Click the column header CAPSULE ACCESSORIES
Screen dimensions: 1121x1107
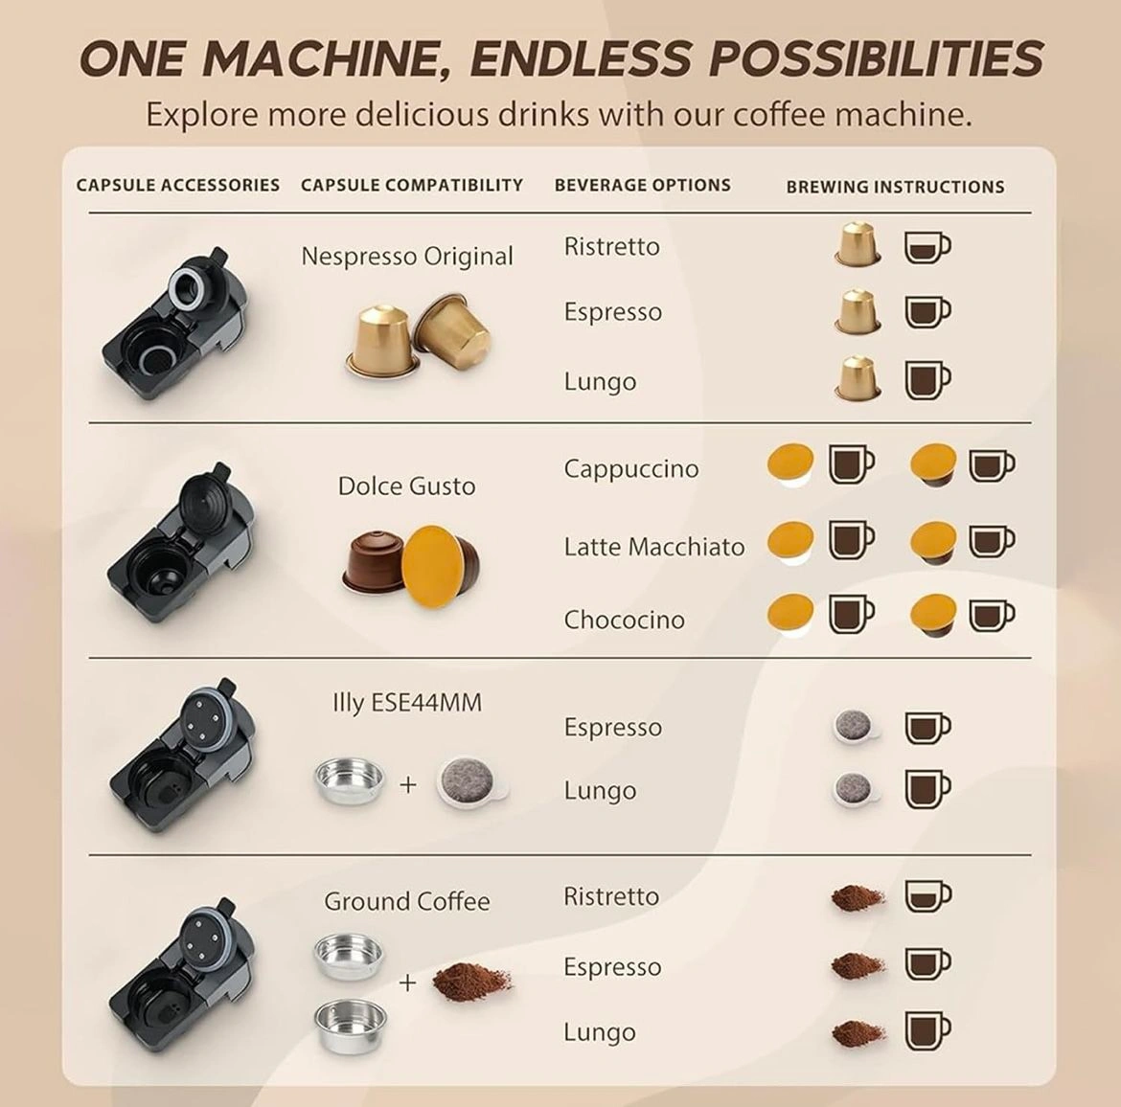178,185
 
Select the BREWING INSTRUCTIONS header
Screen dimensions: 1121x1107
895,187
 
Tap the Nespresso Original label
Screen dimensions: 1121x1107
407,256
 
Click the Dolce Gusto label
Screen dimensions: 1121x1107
407,486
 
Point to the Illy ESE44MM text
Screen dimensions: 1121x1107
407,703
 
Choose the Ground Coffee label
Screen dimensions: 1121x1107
407,901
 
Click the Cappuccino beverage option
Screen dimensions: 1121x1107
631,469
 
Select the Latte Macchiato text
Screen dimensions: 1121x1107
654,547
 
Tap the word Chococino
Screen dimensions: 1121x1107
624,620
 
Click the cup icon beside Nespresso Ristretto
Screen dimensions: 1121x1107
927,247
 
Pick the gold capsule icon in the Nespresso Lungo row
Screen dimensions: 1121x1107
858,378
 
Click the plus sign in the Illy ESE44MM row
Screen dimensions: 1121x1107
407,784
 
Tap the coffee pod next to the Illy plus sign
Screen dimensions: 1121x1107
471,782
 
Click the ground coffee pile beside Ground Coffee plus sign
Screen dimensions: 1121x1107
471,982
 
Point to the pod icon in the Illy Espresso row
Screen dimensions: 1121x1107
856,726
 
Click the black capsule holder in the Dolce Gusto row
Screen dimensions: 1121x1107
181,545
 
